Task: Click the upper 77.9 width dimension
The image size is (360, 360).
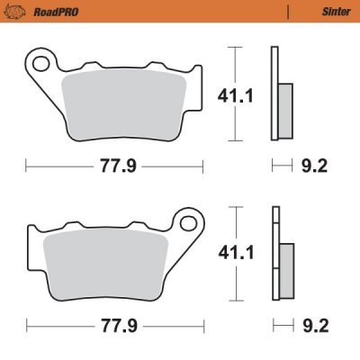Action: tap(112, 165)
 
